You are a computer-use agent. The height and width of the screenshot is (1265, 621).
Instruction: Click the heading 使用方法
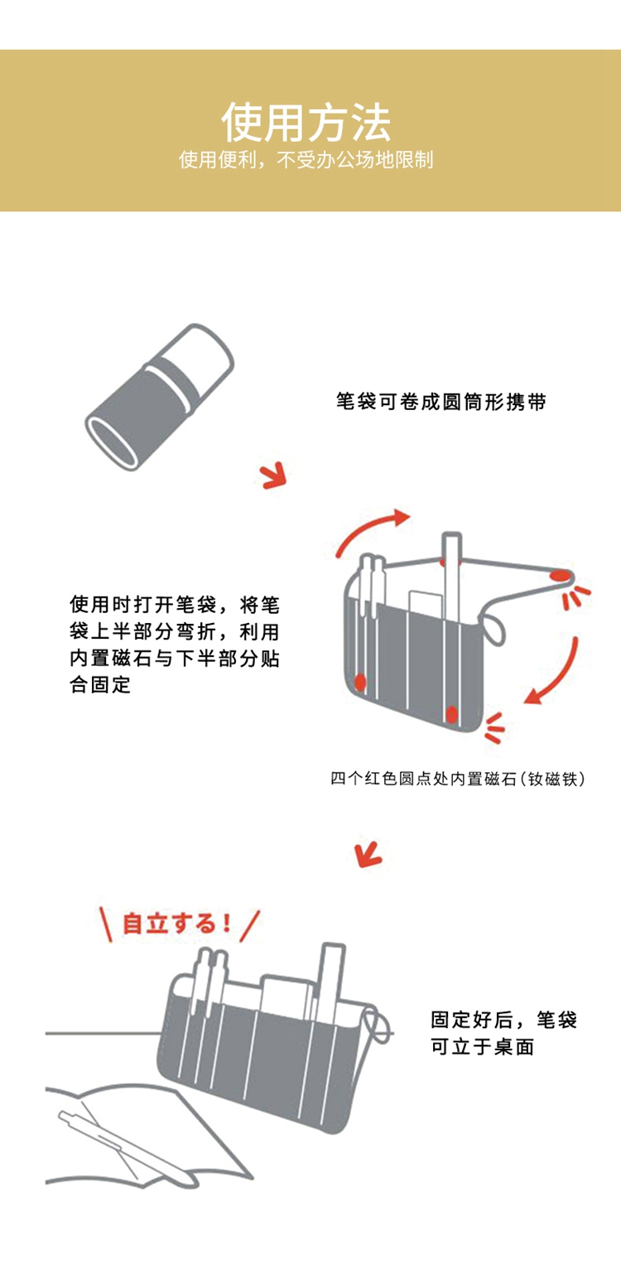(x=306, y=123)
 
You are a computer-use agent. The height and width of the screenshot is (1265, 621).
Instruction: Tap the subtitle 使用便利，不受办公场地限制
(x=306, y=160)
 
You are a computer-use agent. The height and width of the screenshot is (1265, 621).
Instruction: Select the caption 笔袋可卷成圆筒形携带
(x=441, y=403)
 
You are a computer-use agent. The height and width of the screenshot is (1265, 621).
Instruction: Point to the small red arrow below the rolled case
(x=272, y=476)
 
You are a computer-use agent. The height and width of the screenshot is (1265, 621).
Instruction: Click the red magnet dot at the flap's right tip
(x=561, y=574)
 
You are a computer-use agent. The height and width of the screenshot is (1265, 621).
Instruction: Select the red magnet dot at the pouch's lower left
(x=359, y=681)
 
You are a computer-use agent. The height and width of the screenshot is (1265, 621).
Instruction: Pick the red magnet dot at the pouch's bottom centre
(x=452, y=712)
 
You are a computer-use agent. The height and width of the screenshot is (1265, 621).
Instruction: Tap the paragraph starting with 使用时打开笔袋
(x=175, y=644)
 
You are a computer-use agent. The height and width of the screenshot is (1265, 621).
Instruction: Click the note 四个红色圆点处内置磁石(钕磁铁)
(x=458, y=779)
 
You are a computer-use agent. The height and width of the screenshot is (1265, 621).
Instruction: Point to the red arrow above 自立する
(x=368, y=852)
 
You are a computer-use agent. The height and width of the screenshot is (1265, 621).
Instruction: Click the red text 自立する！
(x=176, y=923)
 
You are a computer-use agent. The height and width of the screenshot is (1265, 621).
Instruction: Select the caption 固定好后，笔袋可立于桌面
(x=503, y=1033)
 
